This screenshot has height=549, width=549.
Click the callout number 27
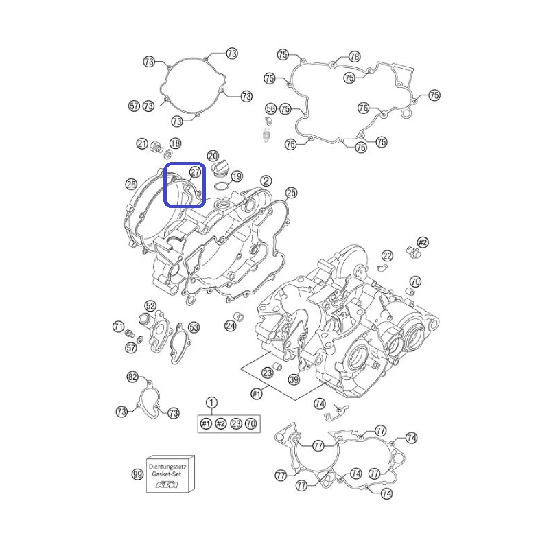(x=195, y=172)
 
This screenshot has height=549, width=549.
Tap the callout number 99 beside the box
(x=137, y=474)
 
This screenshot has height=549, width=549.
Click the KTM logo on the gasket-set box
(x=167, y=485)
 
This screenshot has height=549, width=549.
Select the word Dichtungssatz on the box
(x=167, y=467)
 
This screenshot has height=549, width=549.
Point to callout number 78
(x=354, y=56)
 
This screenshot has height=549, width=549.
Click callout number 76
(x=364, y=108)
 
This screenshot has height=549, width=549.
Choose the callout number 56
(x=270, y=108)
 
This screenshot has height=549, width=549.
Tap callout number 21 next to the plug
(x=142, y=143)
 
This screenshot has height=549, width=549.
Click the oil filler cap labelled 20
(x=220, y=168)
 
